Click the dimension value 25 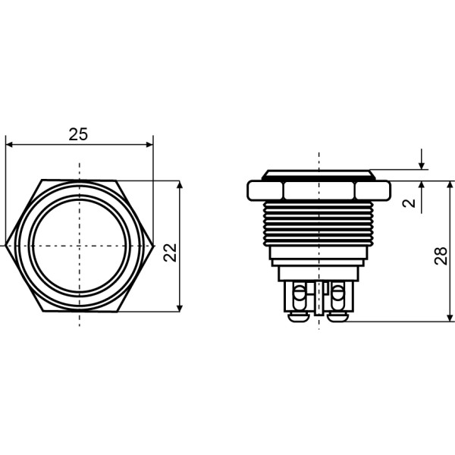[78, 134]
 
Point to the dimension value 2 [409, 202]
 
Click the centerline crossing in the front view [80, 246]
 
